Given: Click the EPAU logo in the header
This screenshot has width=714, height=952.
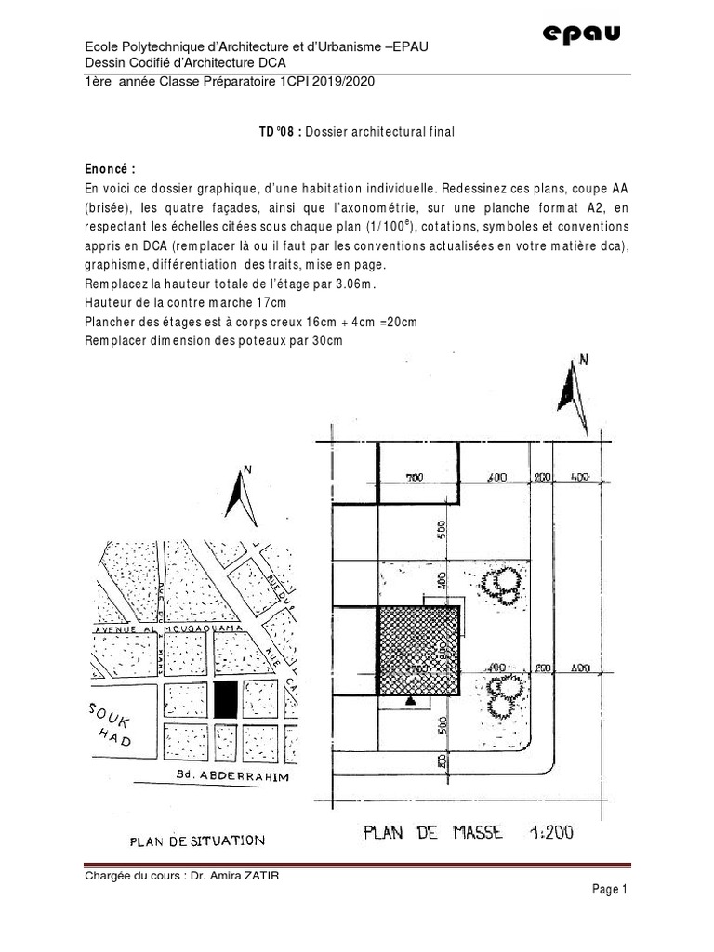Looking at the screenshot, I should [x=581, y=34].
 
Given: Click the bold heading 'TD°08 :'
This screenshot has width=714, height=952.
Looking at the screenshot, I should [x=280, y=133].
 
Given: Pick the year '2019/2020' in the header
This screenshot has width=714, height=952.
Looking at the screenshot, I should [x=340, y=82].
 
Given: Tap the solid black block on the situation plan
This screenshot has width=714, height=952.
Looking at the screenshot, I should [x=226, y=698].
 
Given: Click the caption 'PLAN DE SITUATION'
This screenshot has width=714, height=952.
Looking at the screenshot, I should [x=196, y=841].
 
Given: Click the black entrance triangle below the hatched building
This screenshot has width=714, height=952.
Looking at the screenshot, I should [x=409, y=703].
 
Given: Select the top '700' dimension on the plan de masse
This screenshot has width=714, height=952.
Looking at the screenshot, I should [x=415, y=478].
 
